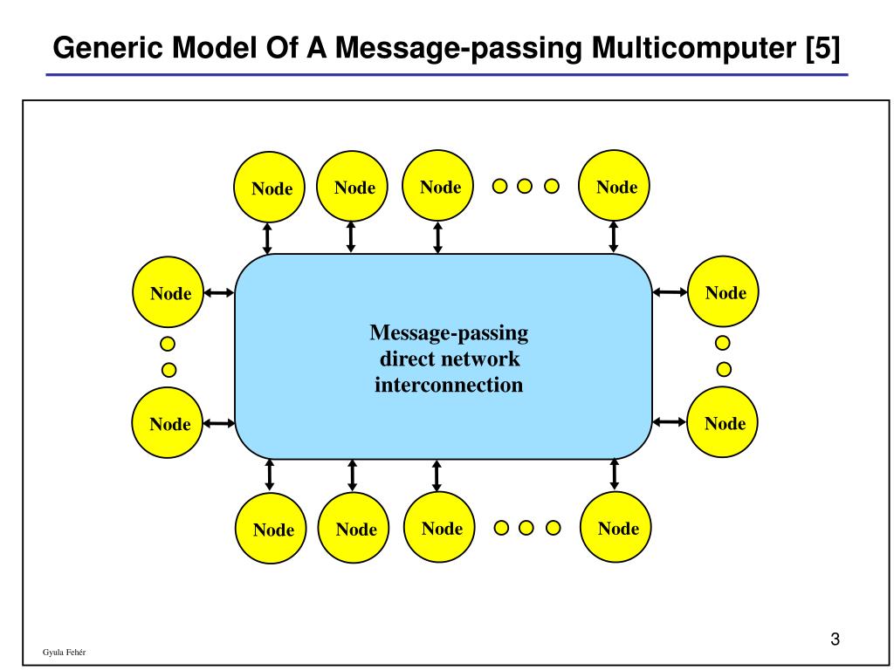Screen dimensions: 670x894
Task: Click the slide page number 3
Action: click(x=835, y=639)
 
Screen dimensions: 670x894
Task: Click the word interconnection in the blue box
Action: click(x=449, y=385)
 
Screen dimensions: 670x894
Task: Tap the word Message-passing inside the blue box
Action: click(x=449, y=332)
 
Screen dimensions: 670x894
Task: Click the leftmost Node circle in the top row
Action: click(x=271, y=187)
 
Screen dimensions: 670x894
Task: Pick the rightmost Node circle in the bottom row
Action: click(x=617, y=527)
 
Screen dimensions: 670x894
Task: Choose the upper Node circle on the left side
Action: click(x=169, y=292)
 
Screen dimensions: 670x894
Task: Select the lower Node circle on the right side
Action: click(x=724, y=423)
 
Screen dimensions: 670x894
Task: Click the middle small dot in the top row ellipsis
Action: click(x=525, y=186)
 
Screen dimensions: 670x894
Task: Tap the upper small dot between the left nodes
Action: click(x=168, y=344)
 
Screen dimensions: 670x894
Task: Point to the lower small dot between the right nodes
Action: click(x=723, y=369)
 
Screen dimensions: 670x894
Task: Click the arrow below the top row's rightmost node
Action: click(x=614, y=236)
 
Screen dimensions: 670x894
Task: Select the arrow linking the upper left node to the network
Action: click(x=219, y=293)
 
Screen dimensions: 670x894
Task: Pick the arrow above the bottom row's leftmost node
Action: click(x=270, y=475)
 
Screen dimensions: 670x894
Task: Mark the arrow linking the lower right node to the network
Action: click(x=670, y=422)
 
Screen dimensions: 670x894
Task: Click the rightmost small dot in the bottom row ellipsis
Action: click(x=552, y=527)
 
